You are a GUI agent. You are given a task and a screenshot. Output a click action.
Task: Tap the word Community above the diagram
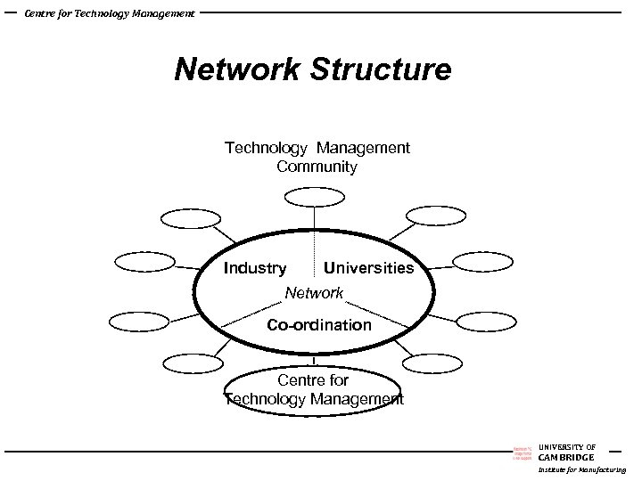317,167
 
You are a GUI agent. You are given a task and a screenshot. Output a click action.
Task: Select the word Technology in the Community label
263,148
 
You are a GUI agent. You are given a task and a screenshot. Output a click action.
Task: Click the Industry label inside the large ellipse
255,268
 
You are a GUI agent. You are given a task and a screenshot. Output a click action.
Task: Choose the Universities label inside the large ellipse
369,268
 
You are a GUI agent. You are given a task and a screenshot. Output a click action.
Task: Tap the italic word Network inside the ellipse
314,293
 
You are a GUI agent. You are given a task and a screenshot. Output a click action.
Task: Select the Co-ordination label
319,325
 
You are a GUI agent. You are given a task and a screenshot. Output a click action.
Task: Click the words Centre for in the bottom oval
313,380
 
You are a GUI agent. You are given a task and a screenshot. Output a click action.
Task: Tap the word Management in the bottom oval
357,399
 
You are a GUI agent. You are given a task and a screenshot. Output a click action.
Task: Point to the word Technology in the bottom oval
265,399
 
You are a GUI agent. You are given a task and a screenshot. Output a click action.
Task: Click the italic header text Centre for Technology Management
110,13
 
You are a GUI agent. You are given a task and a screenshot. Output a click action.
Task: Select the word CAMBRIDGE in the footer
566,458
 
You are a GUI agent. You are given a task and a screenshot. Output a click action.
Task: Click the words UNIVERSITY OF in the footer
567,447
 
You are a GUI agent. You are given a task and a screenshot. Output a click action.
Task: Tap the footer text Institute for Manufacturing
581,469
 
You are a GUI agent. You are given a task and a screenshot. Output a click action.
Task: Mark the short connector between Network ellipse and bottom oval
314,360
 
